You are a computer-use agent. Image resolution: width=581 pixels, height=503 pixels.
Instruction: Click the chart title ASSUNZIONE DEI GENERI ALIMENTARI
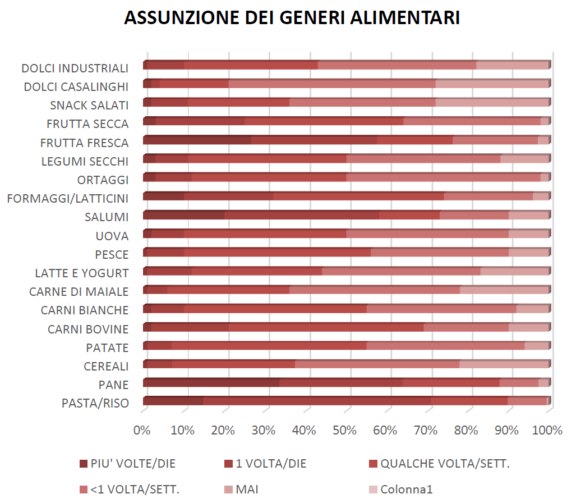click(292, 17)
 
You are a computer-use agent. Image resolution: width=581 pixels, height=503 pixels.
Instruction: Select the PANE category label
click(113, 385)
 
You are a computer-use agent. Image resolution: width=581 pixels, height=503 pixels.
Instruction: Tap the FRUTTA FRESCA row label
click(84, 143)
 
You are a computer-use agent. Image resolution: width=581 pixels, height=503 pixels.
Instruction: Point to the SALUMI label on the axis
click(107, 217)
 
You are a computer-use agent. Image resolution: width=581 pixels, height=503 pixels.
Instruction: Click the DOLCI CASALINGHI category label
click(76, 87)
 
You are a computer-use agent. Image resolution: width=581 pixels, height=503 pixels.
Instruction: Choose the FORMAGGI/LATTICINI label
click(67, 198)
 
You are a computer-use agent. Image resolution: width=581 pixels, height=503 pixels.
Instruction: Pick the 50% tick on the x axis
click(345, 431)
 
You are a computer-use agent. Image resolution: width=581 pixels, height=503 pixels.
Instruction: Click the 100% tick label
click(546, 431)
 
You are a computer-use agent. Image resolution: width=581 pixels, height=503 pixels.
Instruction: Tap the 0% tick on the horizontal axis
click(142, 431)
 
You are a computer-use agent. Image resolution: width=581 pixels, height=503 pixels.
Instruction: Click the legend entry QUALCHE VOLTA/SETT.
click(445, 464)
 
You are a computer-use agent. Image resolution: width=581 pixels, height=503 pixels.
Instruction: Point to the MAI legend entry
click(247, 489)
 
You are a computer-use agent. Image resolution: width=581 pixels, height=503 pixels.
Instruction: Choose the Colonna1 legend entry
click(407, 489)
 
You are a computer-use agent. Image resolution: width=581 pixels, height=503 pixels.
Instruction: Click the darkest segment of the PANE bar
click(211, 383)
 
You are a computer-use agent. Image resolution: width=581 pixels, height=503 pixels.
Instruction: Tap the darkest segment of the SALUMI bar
click(184, 216)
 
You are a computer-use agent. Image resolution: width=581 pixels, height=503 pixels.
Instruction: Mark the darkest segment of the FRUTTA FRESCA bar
click(197, 141)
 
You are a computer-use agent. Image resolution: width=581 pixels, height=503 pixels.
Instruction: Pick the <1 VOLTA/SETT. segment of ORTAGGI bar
click(443, 178)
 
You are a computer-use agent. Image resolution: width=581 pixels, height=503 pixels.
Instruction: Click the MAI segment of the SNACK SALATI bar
click(492, 103)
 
